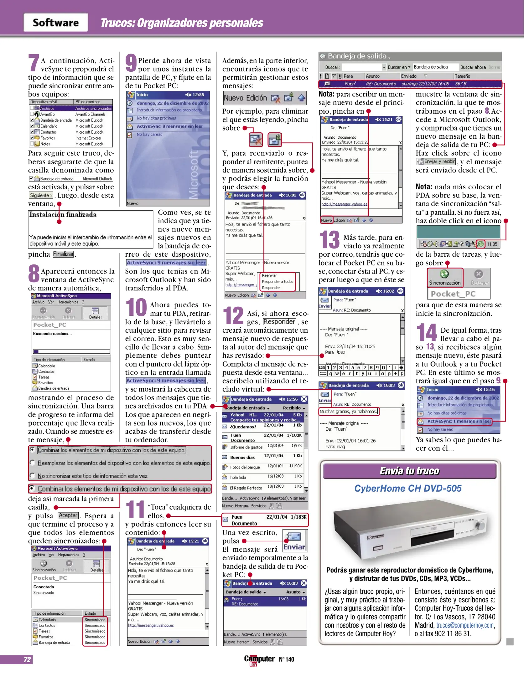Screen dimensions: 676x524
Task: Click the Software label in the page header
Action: [56, 23]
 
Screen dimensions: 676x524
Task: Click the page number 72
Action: [27, 659]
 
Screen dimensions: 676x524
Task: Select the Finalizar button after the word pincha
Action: [63, 254]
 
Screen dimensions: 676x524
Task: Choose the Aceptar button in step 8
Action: [68, 515]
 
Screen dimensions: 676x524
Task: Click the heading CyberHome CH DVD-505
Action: [407, 489]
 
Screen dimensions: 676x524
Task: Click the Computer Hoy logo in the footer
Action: [259, 659]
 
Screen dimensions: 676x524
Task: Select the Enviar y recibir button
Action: [436, 161]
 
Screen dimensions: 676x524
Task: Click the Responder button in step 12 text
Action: [279, 322]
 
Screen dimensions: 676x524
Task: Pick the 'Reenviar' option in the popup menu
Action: [269, 275]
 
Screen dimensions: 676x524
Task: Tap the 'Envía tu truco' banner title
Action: [409, 471]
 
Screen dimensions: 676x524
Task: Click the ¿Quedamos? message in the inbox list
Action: [243, 427]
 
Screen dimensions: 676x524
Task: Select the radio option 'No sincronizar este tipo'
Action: [92, 476]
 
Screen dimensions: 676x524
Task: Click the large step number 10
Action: [136, 307]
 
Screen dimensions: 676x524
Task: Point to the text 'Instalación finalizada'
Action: [63, 215]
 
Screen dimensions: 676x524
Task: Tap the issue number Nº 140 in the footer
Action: [287, 659]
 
